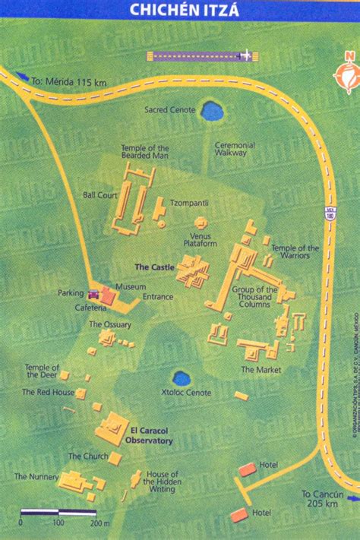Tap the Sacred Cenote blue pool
coord(212,112)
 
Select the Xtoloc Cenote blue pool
coord(182,378)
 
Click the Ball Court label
coord(99,194)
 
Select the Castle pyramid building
coord(193,270)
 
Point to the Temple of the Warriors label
coord(295,252)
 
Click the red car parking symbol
coord(93,295)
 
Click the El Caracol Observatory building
coord(112,428)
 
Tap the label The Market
coord(261,370)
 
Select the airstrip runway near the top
coord(201,55)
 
